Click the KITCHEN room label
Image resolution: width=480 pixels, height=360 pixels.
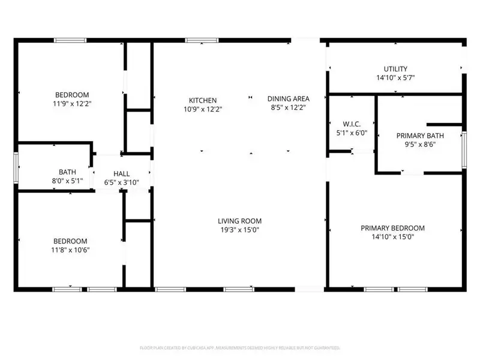tap(203, 100)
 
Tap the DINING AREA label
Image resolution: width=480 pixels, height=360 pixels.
tap(288, 99)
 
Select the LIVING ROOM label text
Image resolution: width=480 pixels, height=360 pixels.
tap(239, 221)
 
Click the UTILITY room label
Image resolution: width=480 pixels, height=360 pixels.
tap(395, 69)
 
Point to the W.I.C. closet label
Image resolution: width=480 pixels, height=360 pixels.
tap(352, 124)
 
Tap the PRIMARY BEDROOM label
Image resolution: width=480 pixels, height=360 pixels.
tap(392, 228)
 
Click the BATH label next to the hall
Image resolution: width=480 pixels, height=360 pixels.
tap(67, 172)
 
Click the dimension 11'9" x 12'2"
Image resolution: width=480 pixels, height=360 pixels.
tap(73, 103)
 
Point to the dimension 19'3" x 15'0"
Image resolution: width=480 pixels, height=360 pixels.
tap(239, 230)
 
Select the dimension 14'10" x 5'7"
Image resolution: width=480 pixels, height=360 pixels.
tap(395, 78)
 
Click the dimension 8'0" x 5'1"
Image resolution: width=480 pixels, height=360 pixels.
tap(67, 181)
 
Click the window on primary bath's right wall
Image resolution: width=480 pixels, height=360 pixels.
tap(463, 148)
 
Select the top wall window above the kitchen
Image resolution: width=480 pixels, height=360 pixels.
tap(196, 41)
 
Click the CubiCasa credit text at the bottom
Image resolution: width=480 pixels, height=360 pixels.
tap(239, 347)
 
